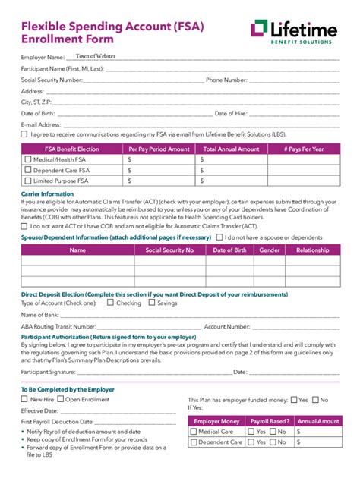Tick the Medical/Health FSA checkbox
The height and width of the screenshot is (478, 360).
(x=28, y=160)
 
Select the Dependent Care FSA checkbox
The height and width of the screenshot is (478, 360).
(x=28, y=171)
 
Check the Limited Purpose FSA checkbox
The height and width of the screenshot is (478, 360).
(x=28, y=181)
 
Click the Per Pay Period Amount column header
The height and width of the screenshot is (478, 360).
(x=159, y=149)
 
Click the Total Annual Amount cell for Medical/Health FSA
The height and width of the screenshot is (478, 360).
(x=231, y=160)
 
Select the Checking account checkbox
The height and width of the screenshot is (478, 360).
(x=110, y=303)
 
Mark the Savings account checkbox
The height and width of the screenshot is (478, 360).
(x=151, y=303)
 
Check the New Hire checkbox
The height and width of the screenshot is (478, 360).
(x=24, y=398)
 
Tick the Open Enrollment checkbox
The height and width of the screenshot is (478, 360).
(x=60, y=398)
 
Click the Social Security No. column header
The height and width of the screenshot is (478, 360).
(x=170, y=250)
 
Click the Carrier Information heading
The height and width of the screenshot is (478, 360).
(x=47, y=194)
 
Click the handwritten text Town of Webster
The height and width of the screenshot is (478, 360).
(x=96, y=56)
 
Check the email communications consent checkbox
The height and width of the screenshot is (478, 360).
(x=24, y=134)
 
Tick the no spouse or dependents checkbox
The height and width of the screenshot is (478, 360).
(x=219, y=237)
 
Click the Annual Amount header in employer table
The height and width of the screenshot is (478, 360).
(x=318, y=421)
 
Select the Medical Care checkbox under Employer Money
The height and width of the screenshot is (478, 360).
(x=193, y=432)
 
